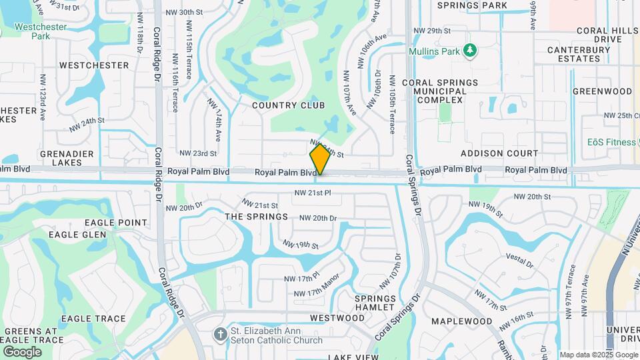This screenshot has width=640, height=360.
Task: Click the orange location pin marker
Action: (x=320, y=159)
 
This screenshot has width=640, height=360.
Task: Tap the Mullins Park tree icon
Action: (x=470, y=50)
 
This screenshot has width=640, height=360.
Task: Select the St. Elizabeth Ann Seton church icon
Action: (x=221, y=333)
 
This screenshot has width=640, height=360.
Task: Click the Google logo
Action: (x=22, y=351)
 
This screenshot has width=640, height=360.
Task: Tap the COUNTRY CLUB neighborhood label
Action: (x=288, y=105)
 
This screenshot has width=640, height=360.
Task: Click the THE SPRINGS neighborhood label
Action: (x=256, y=217)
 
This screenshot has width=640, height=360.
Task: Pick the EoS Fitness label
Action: (x=611, y=142)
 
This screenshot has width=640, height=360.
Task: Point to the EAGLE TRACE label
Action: (x=93, y=319)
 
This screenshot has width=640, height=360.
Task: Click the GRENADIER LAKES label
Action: (x=33, y=157)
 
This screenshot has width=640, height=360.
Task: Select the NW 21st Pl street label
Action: (x=313, y=193)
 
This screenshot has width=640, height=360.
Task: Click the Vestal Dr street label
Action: (x=520, y=259)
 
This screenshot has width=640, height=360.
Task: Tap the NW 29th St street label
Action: (x=432, y=31)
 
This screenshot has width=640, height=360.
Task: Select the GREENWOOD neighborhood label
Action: (x=602, y=91)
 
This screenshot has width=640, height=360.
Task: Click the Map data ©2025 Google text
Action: (x=597, y=355)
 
